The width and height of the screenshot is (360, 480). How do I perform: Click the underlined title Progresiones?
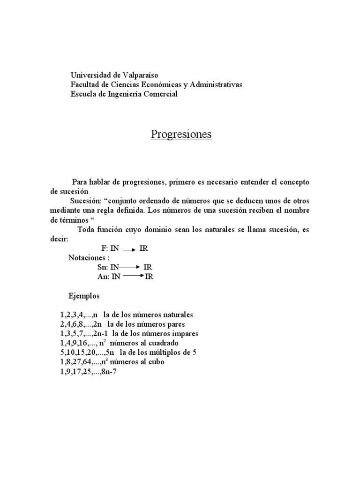pyautogui.click(x=181, y=135)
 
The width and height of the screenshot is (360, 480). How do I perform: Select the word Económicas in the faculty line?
pyautogui.click(x=175, y=85)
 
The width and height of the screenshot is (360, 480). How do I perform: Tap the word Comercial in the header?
pyautogui.click(x=159, y=94)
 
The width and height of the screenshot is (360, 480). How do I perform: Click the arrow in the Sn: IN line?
pyautogui.click(x=130, y=267)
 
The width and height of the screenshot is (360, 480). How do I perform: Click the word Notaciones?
pyautogui.click(x=89, y=258)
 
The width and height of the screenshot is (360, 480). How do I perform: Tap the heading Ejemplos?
pyautogui.click(x=84, y=296)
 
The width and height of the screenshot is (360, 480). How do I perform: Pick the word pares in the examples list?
pyautogui.click(x=175, y=324)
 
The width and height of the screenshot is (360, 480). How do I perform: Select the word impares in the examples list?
pyautogui.click(x=184, y=334)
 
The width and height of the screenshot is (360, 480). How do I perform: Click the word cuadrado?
pyautogui.click(x=163, y=343)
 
